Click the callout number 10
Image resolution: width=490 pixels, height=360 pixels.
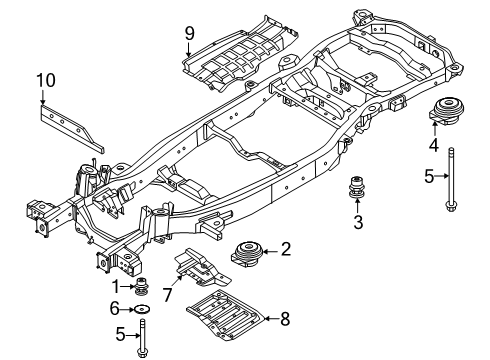[x=46, y=81]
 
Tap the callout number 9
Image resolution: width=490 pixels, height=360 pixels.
[x=189, y=33]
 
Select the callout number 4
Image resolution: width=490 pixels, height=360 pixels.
[x=434, y=145]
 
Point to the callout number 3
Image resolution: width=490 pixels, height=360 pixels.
[x=358, y=222]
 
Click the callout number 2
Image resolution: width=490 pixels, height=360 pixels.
[x=286, y=249]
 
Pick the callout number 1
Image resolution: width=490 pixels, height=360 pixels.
[x=115, y=287]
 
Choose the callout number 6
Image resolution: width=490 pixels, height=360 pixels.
[x=115, y=309]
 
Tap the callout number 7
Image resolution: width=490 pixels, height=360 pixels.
[x=167, y=295]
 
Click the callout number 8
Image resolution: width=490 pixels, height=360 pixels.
[x=285, y=319]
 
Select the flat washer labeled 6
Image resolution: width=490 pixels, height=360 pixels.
[x=142, y=309]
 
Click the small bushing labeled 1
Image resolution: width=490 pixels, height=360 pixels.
[x=142, y=287]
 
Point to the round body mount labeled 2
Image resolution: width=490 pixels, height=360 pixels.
[x=247, y=255]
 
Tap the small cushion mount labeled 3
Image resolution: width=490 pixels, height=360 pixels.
[x=357, y=187]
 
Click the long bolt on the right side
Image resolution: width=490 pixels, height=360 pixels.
[x=451, y=179]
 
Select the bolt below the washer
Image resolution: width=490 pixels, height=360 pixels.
[x=142, y=338]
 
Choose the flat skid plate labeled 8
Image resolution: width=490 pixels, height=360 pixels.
[x=225, y=315]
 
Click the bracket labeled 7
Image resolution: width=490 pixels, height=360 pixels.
[x=202, y=268]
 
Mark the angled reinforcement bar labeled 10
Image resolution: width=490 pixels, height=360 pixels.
[x=71, y=128]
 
